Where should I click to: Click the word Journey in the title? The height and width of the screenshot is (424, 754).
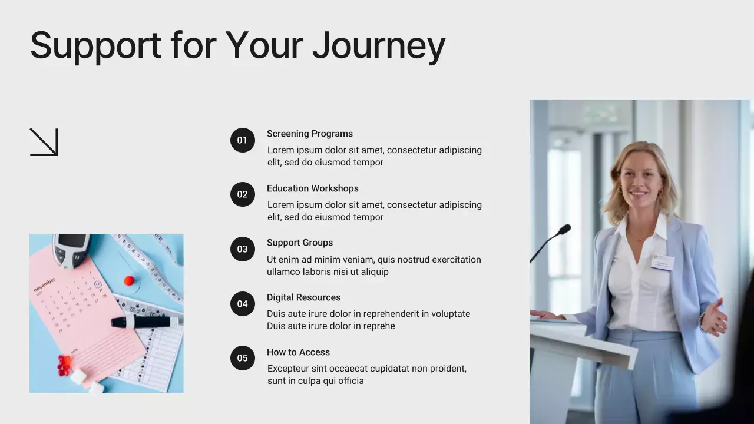pos(378,46)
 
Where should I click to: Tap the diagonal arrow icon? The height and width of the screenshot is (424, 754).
pos(44,142)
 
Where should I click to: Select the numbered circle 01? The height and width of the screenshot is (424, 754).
pos(242,140)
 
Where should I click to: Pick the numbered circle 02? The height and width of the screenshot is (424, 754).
pos(242,194)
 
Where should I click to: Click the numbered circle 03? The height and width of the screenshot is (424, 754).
pos(242,249)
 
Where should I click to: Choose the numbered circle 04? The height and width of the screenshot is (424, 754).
pos(242,304)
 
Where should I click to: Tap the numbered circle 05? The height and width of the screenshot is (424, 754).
pos(242,358)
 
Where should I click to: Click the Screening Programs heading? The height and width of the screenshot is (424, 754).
pos(309,134)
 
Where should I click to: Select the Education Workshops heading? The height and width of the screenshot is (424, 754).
pos(312,188)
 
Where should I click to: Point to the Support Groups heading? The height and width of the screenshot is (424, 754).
pos(299,243)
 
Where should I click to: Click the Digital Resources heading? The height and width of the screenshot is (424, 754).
pos(303,297)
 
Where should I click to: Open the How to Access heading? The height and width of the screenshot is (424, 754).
pos(298,352)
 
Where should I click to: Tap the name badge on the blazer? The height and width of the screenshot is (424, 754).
pos(662,263)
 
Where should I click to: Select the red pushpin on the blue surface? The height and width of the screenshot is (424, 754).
pos(129,281)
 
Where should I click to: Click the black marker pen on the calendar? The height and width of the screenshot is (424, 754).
pos(144,322)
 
